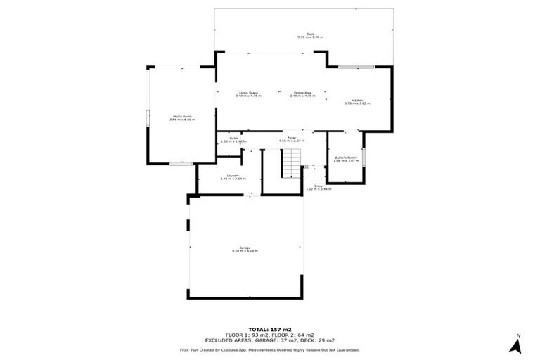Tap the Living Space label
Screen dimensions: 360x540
[248, 94]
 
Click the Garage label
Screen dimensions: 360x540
[246, 249]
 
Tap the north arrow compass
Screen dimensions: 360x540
[517, 345]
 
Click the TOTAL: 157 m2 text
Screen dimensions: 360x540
[269, 329]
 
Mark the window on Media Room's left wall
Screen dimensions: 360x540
[147, 118]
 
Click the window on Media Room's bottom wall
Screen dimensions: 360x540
[181, 163]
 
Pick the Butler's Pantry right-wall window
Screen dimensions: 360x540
[365, 157]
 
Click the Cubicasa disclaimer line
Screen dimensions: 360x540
[269, 349]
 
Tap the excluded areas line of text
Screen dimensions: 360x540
[269, 341]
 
